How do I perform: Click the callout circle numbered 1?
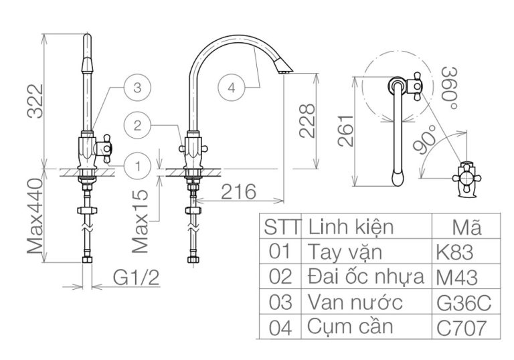pos(137,165)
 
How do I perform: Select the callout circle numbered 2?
pos(137,125)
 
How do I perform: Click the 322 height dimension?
pos(31,102)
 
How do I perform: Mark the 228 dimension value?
pos(307,120)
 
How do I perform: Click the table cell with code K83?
pos(454,252)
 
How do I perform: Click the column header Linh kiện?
pos(351,226)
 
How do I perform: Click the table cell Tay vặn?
pos(345,252)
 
